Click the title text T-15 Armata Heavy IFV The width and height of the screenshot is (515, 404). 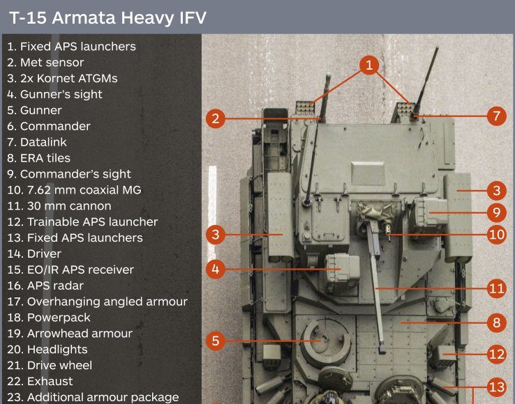[x=107, y=17]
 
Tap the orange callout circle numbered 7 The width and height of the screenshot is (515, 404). [x=496, y=116]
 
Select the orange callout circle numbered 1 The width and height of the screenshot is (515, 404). [x=369, y=65]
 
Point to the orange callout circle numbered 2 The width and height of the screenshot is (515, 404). [x=216, y=118]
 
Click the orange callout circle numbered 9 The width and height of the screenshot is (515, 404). [x=496, y=212]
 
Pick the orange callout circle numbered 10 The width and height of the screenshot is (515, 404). [x=496, y=235]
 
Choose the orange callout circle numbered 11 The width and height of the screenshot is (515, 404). [x=496, y=288]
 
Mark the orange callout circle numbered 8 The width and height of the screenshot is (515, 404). [x=496, y=323]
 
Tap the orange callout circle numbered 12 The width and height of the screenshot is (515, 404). [x=496, y=354]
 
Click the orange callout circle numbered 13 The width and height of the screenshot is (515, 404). [x=496, y=387]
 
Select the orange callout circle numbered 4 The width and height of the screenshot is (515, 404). [x=216, y=270]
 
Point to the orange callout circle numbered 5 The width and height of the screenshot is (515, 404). [x=216, y=341]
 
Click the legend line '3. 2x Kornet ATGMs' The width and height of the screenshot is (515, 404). [x=62, y=79]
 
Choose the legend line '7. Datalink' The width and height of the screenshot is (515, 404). [x=37, y=142]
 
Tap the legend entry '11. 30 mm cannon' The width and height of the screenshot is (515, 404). [x=59, y=206]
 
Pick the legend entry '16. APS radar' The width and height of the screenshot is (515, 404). [x=45, y=286]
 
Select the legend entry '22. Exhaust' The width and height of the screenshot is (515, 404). [x=40, y=382]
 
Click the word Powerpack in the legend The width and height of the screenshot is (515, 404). [x=59, y=318]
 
